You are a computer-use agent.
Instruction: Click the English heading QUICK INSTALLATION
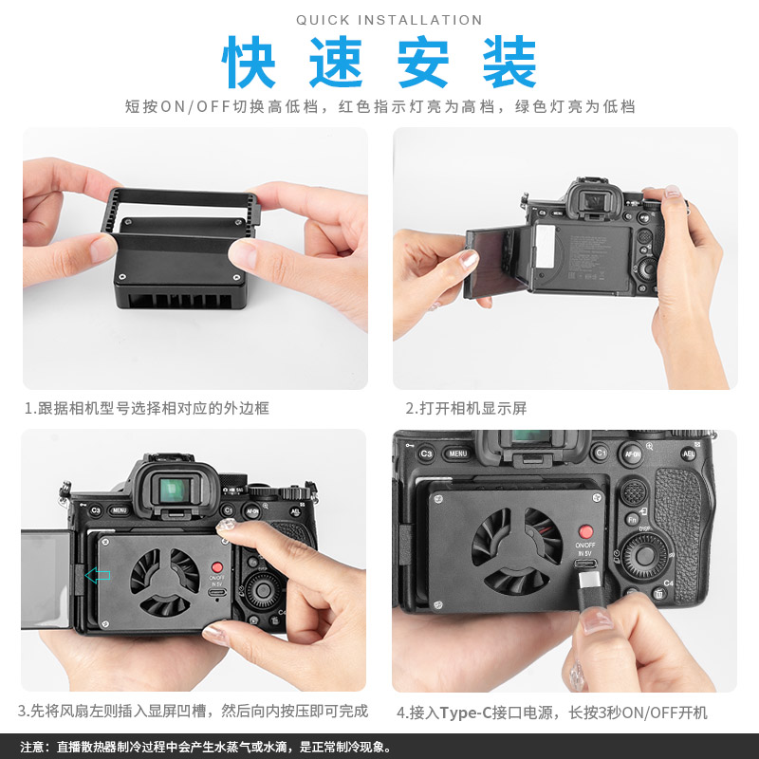click(x=389, y=20)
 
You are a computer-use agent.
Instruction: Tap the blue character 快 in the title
click(x=249, y=62)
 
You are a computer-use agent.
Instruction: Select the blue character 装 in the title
click(x=509, y=62)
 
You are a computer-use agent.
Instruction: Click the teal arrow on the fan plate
click(x=98, y=575)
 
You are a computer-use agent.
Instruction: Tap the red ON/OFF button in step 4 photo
click(x=585, y=531)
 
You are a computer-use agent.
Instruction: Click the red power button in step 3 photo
click(x=217, y=567)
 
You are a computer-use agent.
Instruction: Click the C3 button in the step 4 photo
click(x=426, y=454)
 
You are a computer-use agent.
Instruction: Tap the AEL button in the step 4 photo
click(x=689, y=454)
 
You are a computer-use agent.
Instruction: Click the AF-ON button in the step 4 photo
click(x=632, y=454)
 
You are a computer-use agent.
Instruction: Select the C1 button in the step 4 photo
click(x=601, y=454)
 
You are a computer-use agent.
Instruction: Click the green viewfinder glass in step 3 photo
click(x=173, y=491)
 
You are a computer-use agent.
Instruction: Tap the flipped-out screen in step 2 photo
click(x=493, y=262)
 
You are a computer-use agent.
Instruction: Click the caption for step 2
click(x=466, y=408)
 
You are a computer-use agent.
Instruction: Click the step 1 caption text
click(x=147, y=408)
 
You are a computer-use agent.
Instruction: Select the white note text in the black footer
click(x=205, y=747)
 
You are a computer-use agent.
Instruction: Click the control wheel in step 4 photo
click(x=644, y=556)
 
